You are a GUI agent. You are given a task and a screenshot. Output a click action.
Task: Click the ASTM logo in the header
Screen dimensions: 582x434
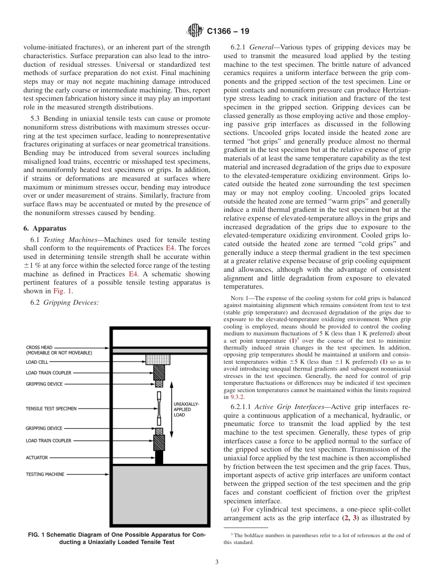tap(195, 31)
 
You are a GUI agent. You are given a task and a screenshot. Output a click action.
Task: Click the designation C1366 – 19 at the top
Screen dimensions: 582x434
tap(228, 32)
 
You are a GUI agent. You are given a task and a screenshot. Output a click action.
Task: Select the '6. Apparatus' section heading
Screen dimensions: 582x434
tap(45, 228)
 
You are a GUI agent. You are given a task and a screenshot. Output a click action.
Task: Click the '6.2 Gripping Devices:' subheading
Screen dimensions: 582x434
tap(71, 302)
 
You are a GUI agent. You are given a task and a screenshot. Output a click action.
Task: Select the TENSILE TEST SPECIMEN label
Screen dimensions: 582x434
tap(51, 408)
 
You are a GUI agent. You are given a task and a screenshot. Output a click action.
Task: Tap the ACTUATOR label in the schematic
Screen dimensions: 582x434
tap(37, 458)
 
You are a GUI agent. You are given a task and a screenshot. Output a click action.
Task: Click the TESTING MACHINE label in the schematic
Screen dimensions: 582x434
tap(45, 474)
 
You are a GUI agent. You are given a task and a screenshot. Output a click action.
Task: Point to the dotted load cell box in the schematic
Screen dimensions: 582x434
tap(158, 359)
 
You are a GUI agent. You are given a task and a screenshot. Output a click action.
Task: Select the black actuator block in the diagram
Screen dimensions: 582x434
tap(159, 458)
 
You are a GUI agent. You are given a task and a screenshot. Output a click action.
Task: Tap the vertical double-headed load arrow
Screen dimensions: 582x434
tap(171, 409)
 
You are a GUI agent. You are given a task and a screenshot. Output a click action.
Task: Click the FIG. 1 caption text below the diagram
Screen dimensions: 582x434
tap(116, 538)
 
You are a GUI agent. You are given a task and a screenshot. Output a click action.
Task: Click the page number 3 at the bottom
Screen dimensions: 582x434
tap(217, 562)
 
